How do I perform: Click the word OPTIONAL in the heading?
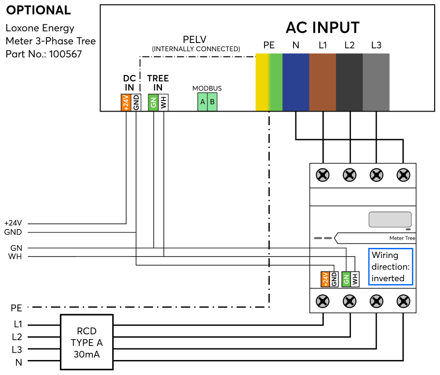[x=38, y=10]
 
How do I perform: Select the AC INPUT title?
[x=323, y=28]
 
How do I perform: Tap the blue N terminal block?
[x=295, y=82]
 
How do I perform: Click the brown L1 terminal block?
[x=323, y=82]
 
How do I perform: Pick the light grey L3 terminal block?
[x=376, y=82]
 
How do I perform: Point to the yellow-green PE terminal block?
[x=269, y=82]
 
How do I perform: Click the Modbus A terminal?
[x=203, y=102]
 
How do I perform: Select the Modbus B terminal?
[x=212, y=102]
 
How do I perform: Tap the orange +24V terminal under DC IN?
[x=126, y=102]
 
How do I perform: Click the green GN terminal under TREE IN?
[x=153, y=102]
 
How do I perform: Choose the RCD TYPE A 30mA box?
[x=87, y=343]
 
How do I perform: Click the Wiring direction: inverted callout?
[x=390, y=267]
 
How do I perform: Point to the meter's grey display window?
[x=390, y=219]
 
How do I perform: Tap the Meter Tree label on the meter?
[x=402, y=238]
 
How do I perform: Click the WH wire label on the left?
[x=15, y=256]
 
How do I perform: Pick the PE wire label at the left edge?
[x=16, y=307]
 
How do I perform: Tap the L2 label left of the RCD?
[x=17, y=337]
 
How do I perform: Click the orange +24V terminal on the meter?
[x=325, y=279]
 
